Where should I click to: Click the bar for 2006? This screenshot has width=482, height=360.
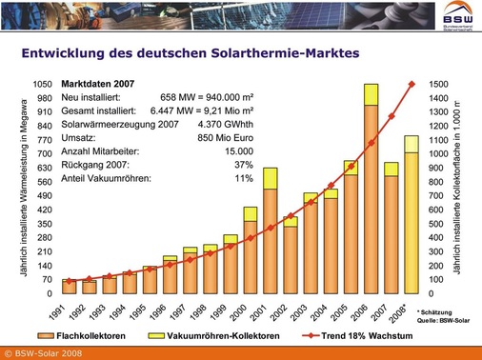coord(371,190)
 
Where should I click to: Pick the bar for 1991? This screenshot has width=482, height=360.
coord(69,287)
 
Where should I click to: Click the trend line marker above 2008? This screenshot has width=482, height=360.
coord(412,84)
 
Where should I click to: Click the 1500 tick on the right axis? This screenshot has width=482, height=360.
coord(439,84)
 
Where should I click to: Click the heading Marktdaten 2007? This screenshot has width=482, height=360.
coord(99,83)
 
